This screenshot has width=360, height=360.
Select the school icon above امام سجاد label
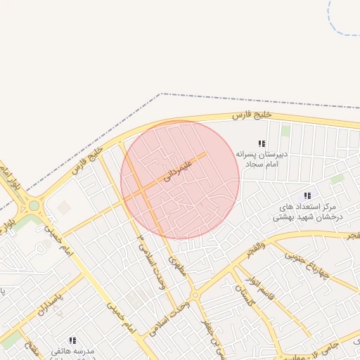click(x=262, y=143)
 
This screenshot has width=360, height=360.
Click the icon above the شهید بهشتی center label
click(x=307, y=195)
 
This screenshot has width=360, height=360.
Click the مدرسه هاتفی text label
click(x=72, y=350)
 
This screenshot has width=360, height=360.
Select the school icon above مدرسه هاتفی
click(x=72, y=340)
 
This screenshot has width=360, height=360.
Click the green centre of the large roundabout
click(x=33, y=206)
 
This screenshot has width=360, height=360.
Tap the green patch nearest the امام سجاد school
click(x=285, y=131)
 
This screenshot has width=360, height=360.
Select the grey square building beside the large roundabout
click(x=64, y=208)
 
